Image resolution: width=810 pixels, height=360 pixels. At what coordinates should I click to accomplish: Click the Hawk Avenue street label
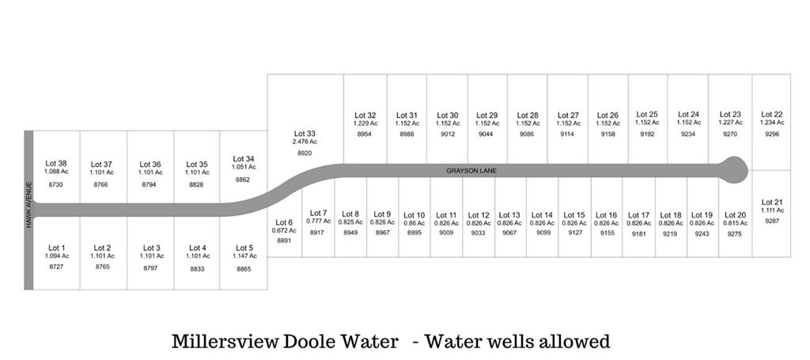28,205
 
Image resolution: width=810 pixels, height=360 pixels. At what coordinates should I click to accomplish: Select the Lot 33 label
305,134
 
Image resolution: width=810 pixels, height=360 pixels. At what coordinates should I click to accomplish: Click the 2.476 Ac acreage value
305,142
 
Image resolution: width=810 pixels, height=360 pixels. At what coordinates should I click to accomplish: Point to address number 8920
305,153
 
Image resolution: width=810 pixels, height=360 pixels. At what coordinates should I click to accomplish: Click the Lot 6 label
284,222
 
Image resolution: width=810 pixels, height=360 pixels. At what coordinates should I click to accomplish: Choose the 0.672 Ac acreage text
284,230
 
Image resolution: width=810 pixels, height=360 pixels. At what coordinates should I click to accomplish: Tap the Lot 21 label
772,202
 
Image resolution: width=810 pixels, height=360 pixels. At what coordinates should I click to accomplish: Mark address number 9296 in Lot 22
772,135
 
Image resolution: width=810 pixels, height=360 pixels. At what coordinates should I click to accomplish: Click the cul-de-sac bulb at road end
732,168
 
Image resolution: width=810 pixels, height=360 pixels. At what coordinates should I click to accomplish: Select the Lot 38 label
56,164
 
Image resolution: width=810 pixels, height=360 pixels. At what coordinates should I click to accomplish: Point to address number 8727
56,267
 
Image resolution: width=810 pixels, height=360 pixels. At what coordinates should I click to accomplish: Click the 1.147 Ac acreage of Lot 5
244,256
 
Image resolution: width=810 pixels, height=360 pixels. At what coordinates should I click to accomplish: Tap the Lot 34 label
244,159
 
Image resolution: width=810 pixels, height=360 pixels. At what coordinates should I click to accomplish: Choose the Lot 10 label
414,214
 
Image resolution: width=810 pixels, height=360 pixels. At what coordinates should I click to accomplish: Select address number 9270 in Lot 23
730,135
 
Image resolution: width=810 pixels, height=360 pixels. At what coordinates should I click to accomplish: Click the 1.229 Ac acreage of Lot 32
365,123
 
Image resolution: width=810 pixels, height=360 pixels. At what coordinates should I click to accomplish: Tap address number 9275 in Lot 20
735,234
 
